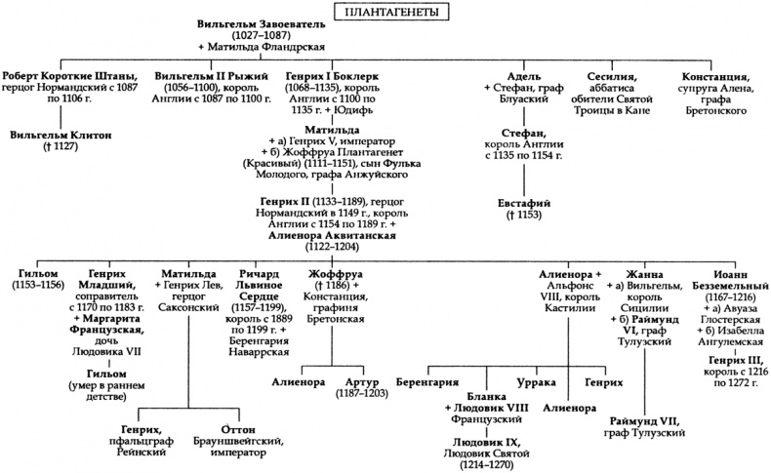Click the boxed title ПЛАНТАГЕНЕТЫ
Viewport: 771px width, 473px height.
point(386,11)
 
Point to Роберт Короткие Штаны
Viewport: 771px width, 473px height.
point(69,75)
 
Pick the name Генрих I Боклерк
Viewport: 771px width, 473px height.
point(331,75)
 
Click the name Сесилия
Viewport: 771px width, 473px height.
point(612,75)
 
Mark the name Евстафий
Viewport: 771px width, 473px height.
point(527,202)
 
